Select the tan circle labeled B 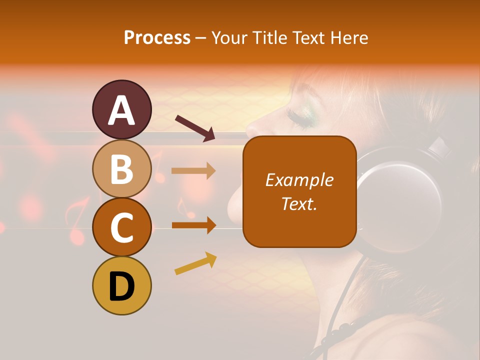(121, 168)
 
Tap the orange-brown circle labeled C (121, 227)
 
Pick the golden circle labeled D (121, 285)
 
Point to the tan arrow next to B (193, 171)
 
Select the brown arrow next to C (193, 225)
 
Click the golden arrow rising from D (195, 263)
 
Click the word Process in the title (157, 37)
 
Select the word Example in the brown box (299, 180)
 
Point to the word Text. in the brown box (299, 203)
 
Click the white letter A (121, 110)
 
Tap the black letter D (121, 287)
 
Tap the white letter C (121, 228)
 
